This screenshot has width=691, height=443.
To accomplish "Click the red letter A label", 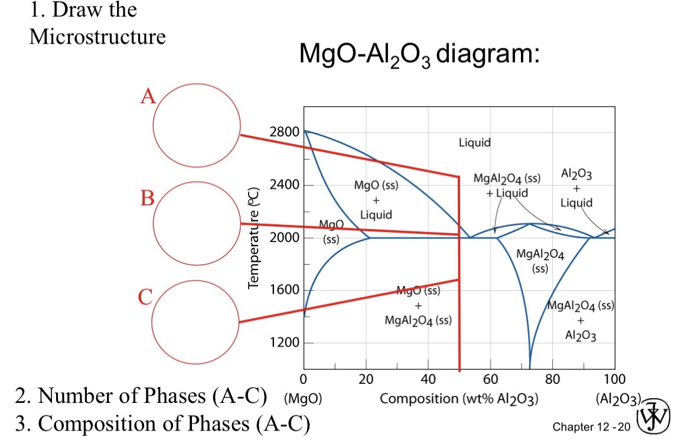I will tap(148, 96).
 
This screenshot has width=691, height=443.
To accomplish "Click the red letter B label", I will tap(146, 197).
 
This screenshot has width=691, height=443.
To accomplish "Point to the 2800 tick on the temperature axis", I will tap(283, 132).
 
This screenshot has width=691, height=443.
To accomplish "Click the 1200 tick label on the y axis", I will tap(283, 343).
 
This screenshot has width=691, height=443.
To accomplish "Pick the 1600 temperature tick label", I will tap(283, 290).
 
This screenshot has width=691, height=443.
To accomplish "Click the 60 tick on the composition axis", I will tap(491, 379).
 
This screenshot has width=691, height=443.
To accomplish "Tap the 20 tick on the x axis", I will tap(366, 379).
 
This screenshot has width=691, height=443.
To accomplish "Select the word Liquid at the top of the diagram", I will tap(474, 142).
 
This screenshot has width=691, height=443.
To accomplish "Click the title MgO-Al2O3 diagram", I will tap(419, 56).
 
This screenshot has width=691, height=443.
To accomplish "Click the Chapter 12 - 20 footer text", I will tap(591, 426).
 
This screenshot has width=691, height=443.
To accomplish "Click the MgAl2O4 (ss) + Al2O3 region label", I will tap(581, 321).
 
